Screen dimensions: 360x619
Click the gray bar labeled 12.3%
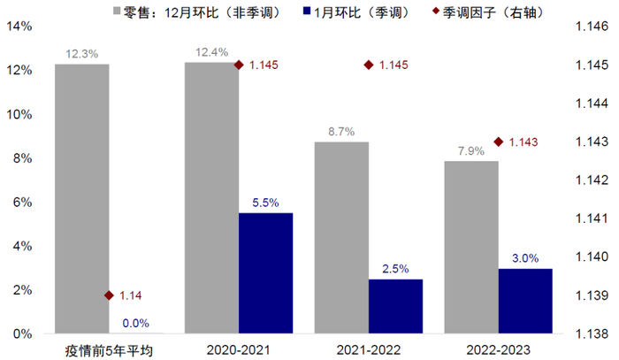(81, 199)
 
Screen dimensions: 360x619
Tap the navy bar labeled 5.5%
(265, 273)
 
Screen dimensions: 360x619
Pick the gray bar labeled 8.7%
(341, 238)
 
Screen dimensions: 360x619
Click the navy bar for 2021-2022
(395, 306)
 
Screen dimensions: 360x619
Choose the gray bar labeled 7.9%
(471, 248)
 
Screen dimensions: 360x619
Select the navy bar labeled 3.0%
(525, 301)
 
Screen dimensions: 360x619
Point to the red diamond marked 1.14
(109, 295)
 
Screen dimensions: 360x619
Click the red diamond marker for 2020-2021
(238, 65)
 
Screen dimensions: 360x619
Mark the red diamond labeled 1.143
(499, 142)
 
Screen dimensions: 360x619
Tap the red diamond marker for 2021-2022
(368, 65)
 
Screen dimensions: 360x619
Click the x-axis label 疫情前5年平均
(109, 349)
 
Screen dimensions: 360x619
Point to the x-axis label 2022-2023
(498, 349)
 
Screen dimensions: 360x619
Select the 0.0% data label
(135, 323)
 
